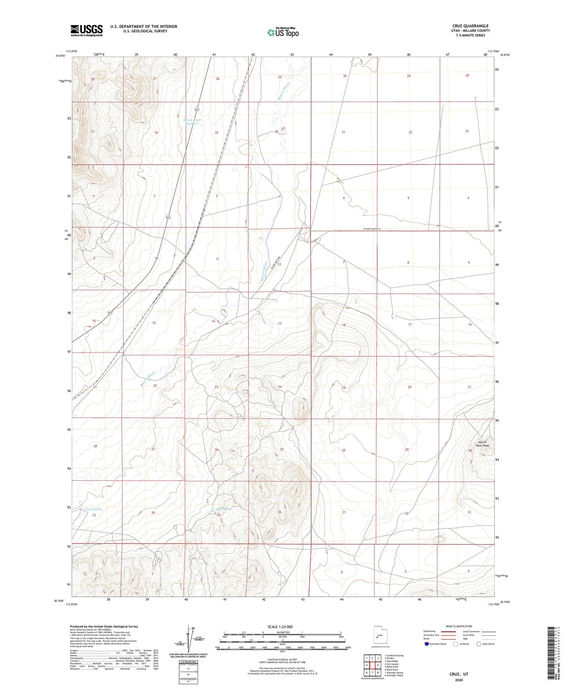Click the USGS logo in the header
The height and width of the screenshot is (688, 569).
point(86,30)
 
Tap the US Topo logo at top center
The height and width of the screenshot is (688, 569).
point(283,33)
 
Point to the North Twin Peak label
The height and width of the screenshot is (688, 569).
point(484,444)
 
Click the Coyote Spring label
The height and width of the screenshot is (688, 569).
point(93,509)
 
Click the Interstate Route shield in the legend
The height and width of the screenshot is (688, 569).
point(427,644)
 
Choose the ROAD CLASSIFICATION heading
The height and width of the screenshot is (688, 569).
point(459,626)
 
